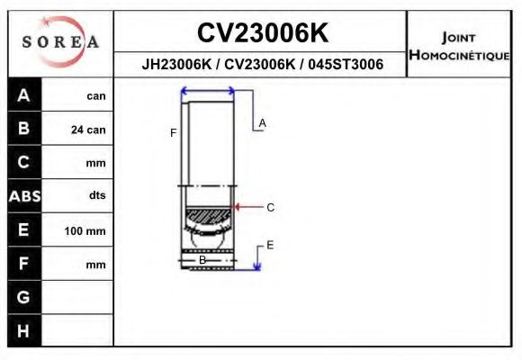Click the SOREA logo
[60, 41]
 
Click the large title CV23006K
[262, 32]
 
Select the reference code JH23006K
[175, 65]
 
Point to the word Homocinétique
[459, 55]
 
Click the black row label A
[23, 95]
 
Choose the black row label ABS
[23, 195]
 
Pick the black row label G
[23, 296]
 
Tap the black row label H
[23, 330]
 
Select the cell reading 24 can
[88, 130]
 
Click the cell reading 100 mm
[85, 231]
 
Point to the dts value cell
[96, 195]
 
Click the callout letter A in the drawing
[263, 122]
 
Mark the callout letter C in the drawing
[270, 207]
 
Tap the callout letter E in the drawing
[269, 245]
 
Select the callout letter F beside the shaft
[173, 133]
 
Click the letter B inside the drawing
[202, 260]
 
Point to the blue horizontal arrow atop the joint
[208, 91]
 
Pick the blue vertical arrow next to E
[257, 257]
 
